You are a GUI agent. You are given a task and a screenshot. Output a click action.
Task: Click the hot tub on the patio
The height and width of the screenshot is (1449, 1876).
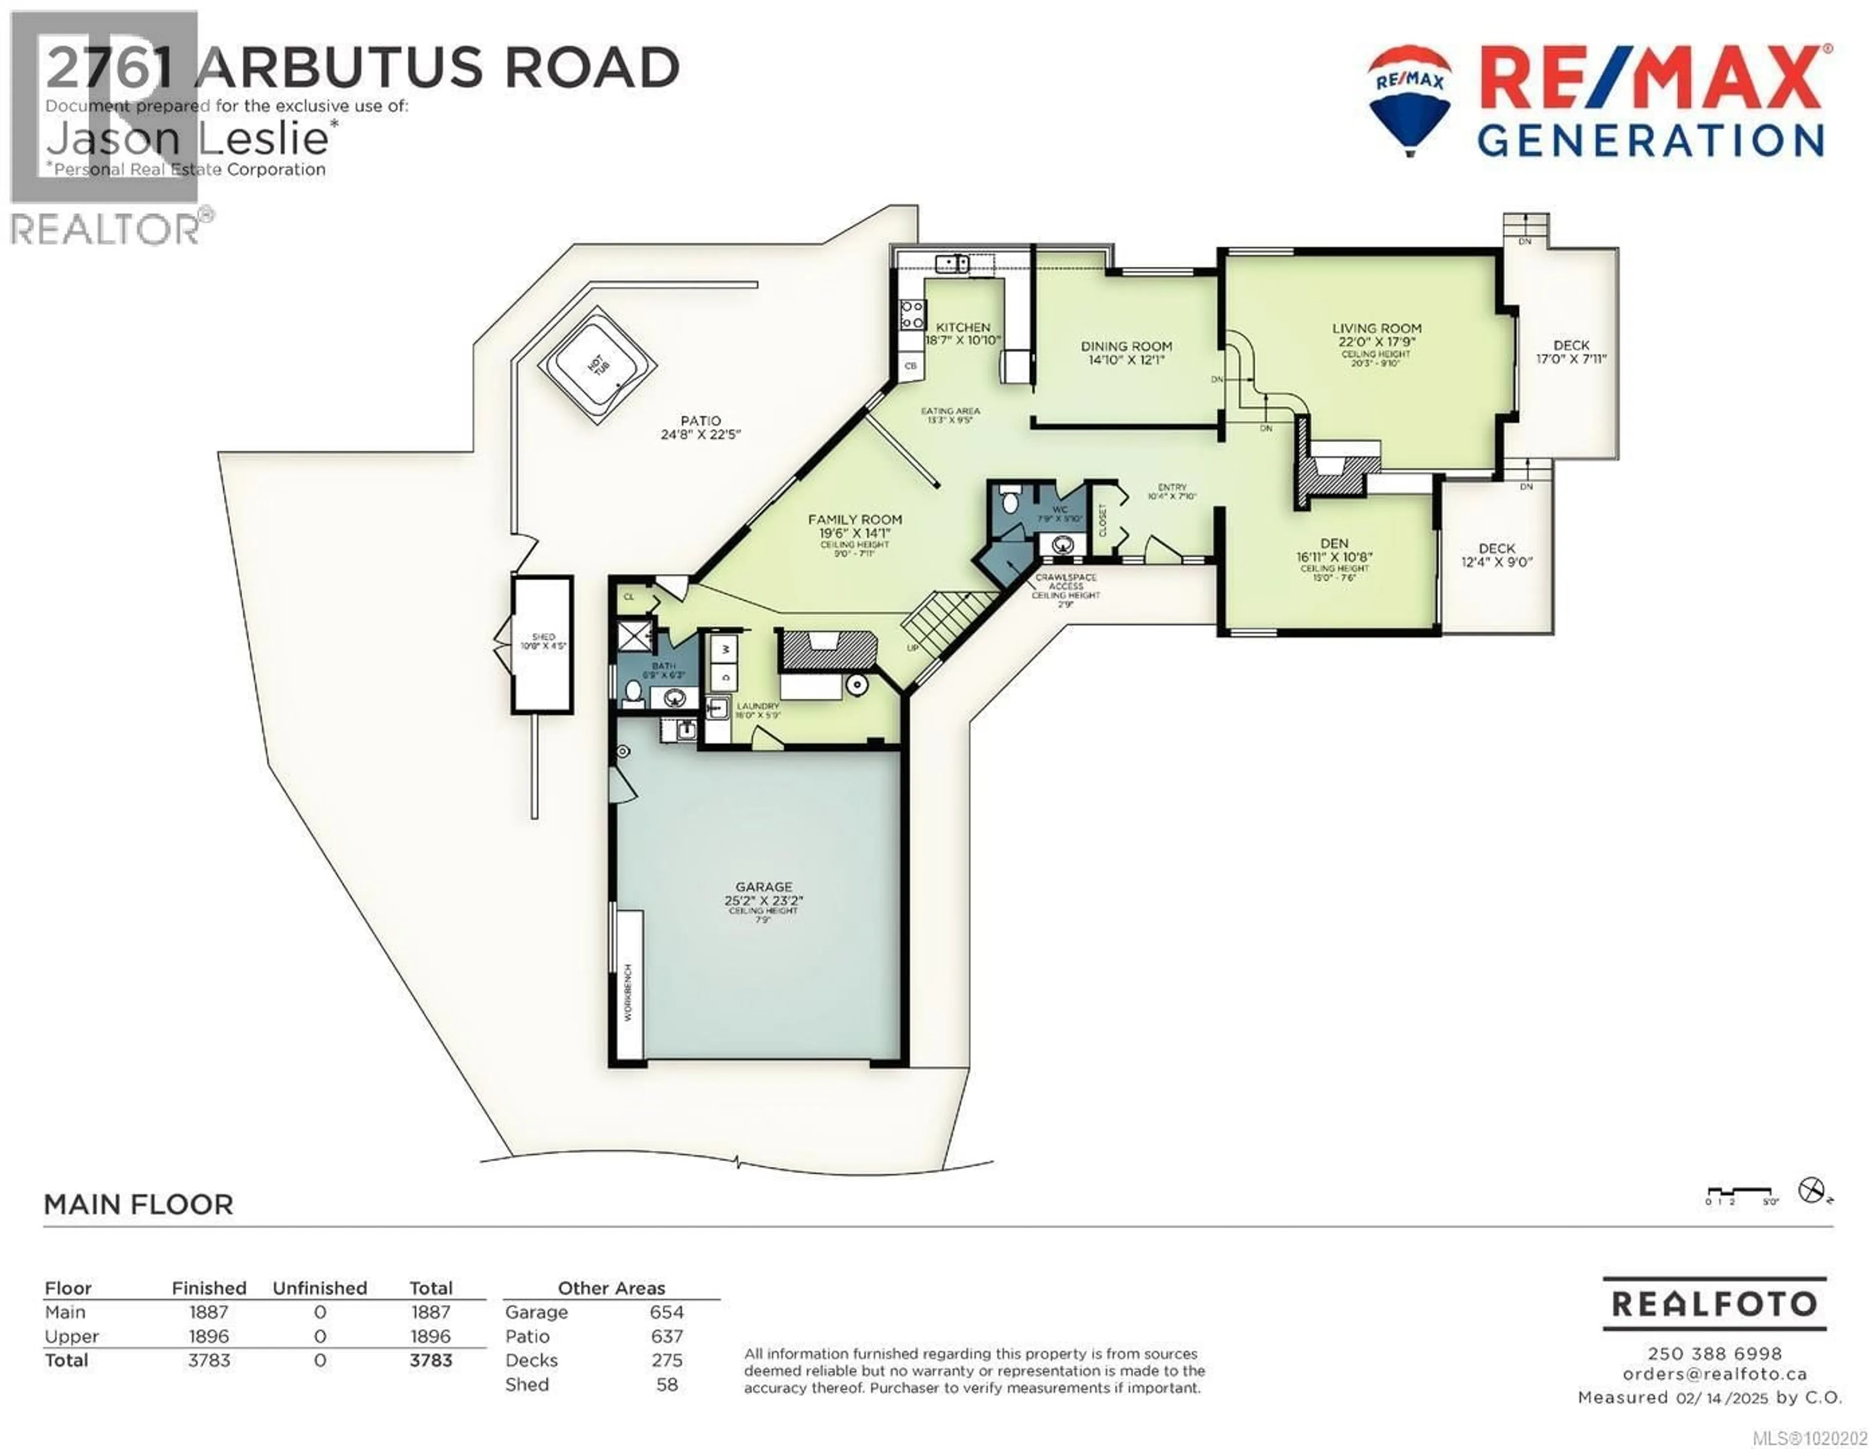coord(597,364)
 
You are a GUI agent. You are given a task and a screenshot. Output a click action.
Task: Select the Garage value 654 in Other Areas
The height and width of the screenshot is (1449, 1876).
coord(666,1312)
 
